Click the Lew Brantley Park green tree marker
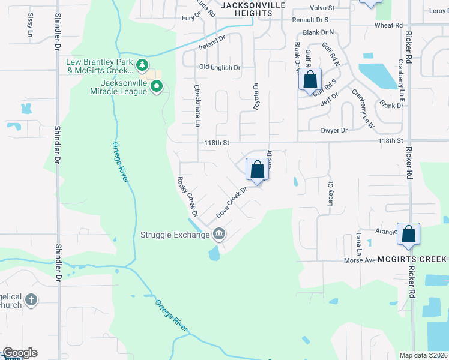click(x=142, y=65)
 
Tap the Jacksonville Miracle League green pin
click(x=157, y=87)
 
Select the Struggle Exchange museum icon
click(x=219, y=233)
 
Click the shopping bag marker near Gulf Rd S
click(x=310, y=79)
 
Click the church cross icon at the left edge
click(x=32, y=299)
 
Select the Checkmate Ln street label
click(x=197, y=106)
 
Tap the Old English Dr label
click(x=220, y=68)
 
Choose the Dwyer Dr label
click(x=335, y=130)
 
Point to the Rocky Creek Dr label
click(x=187, y=196)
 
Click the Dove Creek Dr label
click(x=232, y=202)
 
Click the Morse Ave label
click(x=360, y=260)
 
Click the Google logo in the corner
click(x=19, y=353)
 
